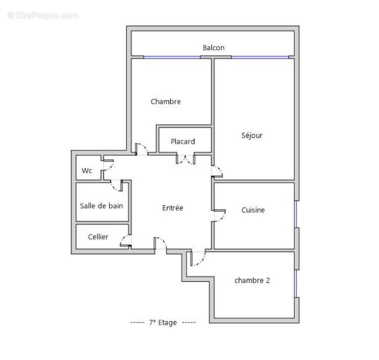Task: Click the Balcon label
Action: click(x=213, y=48)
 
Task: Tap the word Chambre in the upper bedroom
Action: click(x=165, y=102)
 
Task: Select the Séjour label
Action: click(x=252, y=135)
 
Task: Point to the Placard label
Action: click(x=183, y=142)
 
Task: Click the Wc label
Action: click(x=87, y=171)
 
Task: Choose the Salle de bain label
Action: click(x=102, y=206)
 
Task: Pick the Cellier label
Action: click(x=98, y=237)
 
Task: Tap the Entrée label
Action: click(x=173, y=208)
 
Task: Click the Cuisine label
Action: click(x=253, y=210)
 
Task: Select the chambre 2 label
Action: click(x=252, y=280)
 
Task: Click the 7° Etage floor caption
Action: click(x=163, y=323)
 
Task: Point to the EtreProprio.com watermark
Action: click(x=43, y=15)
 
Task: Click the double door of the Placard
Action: click(x=185, y=159)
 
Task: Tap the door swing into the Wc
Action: click(x=108, y=165)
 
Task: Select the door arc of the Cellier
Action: click(x=125, y=241)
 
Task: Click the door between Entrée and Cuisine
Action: click(x=219, y=216)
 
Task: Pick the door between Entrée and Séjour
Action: click(x=217, y=171)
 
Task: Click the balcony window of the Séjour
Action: click(x=260, y=57)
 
